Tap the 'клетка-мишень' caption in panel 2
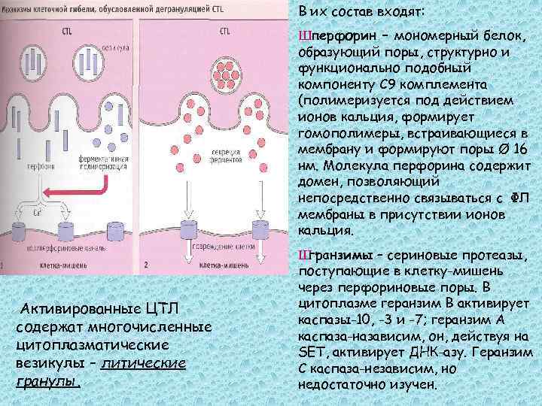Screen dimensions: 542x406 [226, 266]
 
